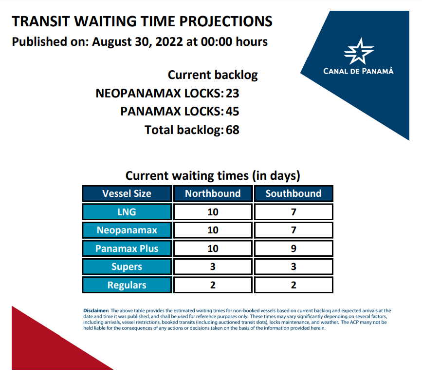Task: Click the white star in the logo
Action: (x=359, y=51)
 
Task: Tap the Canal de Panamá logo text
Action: (x=358, y=71)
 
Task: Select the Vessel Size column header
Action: (x=127, y=193)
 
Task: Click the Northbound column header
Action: (x=213, y=193)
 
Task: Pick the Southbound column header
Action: (x=294, y=193)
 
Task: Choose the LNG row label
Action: (x=127, y=212)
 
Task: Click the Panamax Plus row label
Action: (x=127, y=248)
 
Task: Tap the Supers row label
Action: (x=127, y=267)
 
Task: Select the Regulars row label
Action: (x=127, y=285)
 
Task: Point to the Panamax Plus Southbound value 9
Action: (x=294, y=248)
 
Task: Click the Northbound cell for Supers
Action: (x=213, y=267)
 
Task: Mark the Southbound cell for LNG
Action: (x=294, y=212)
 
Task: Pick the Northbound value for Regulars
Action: (x=213, y=285)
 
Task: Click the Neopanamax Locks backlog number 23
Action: (x=232, y=93)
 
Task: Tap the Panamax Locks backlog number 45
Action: (x=232, y=112)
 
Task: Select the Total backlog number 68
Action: (x=232, y=130)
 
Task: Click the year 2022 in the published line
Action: (x=169, y=42)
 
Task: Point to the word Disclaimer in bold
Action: (x=96, y=311)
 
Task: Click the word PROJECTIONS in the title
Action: (x=226, y=21)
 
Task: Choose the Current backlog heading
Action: (x=213, y=75)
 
